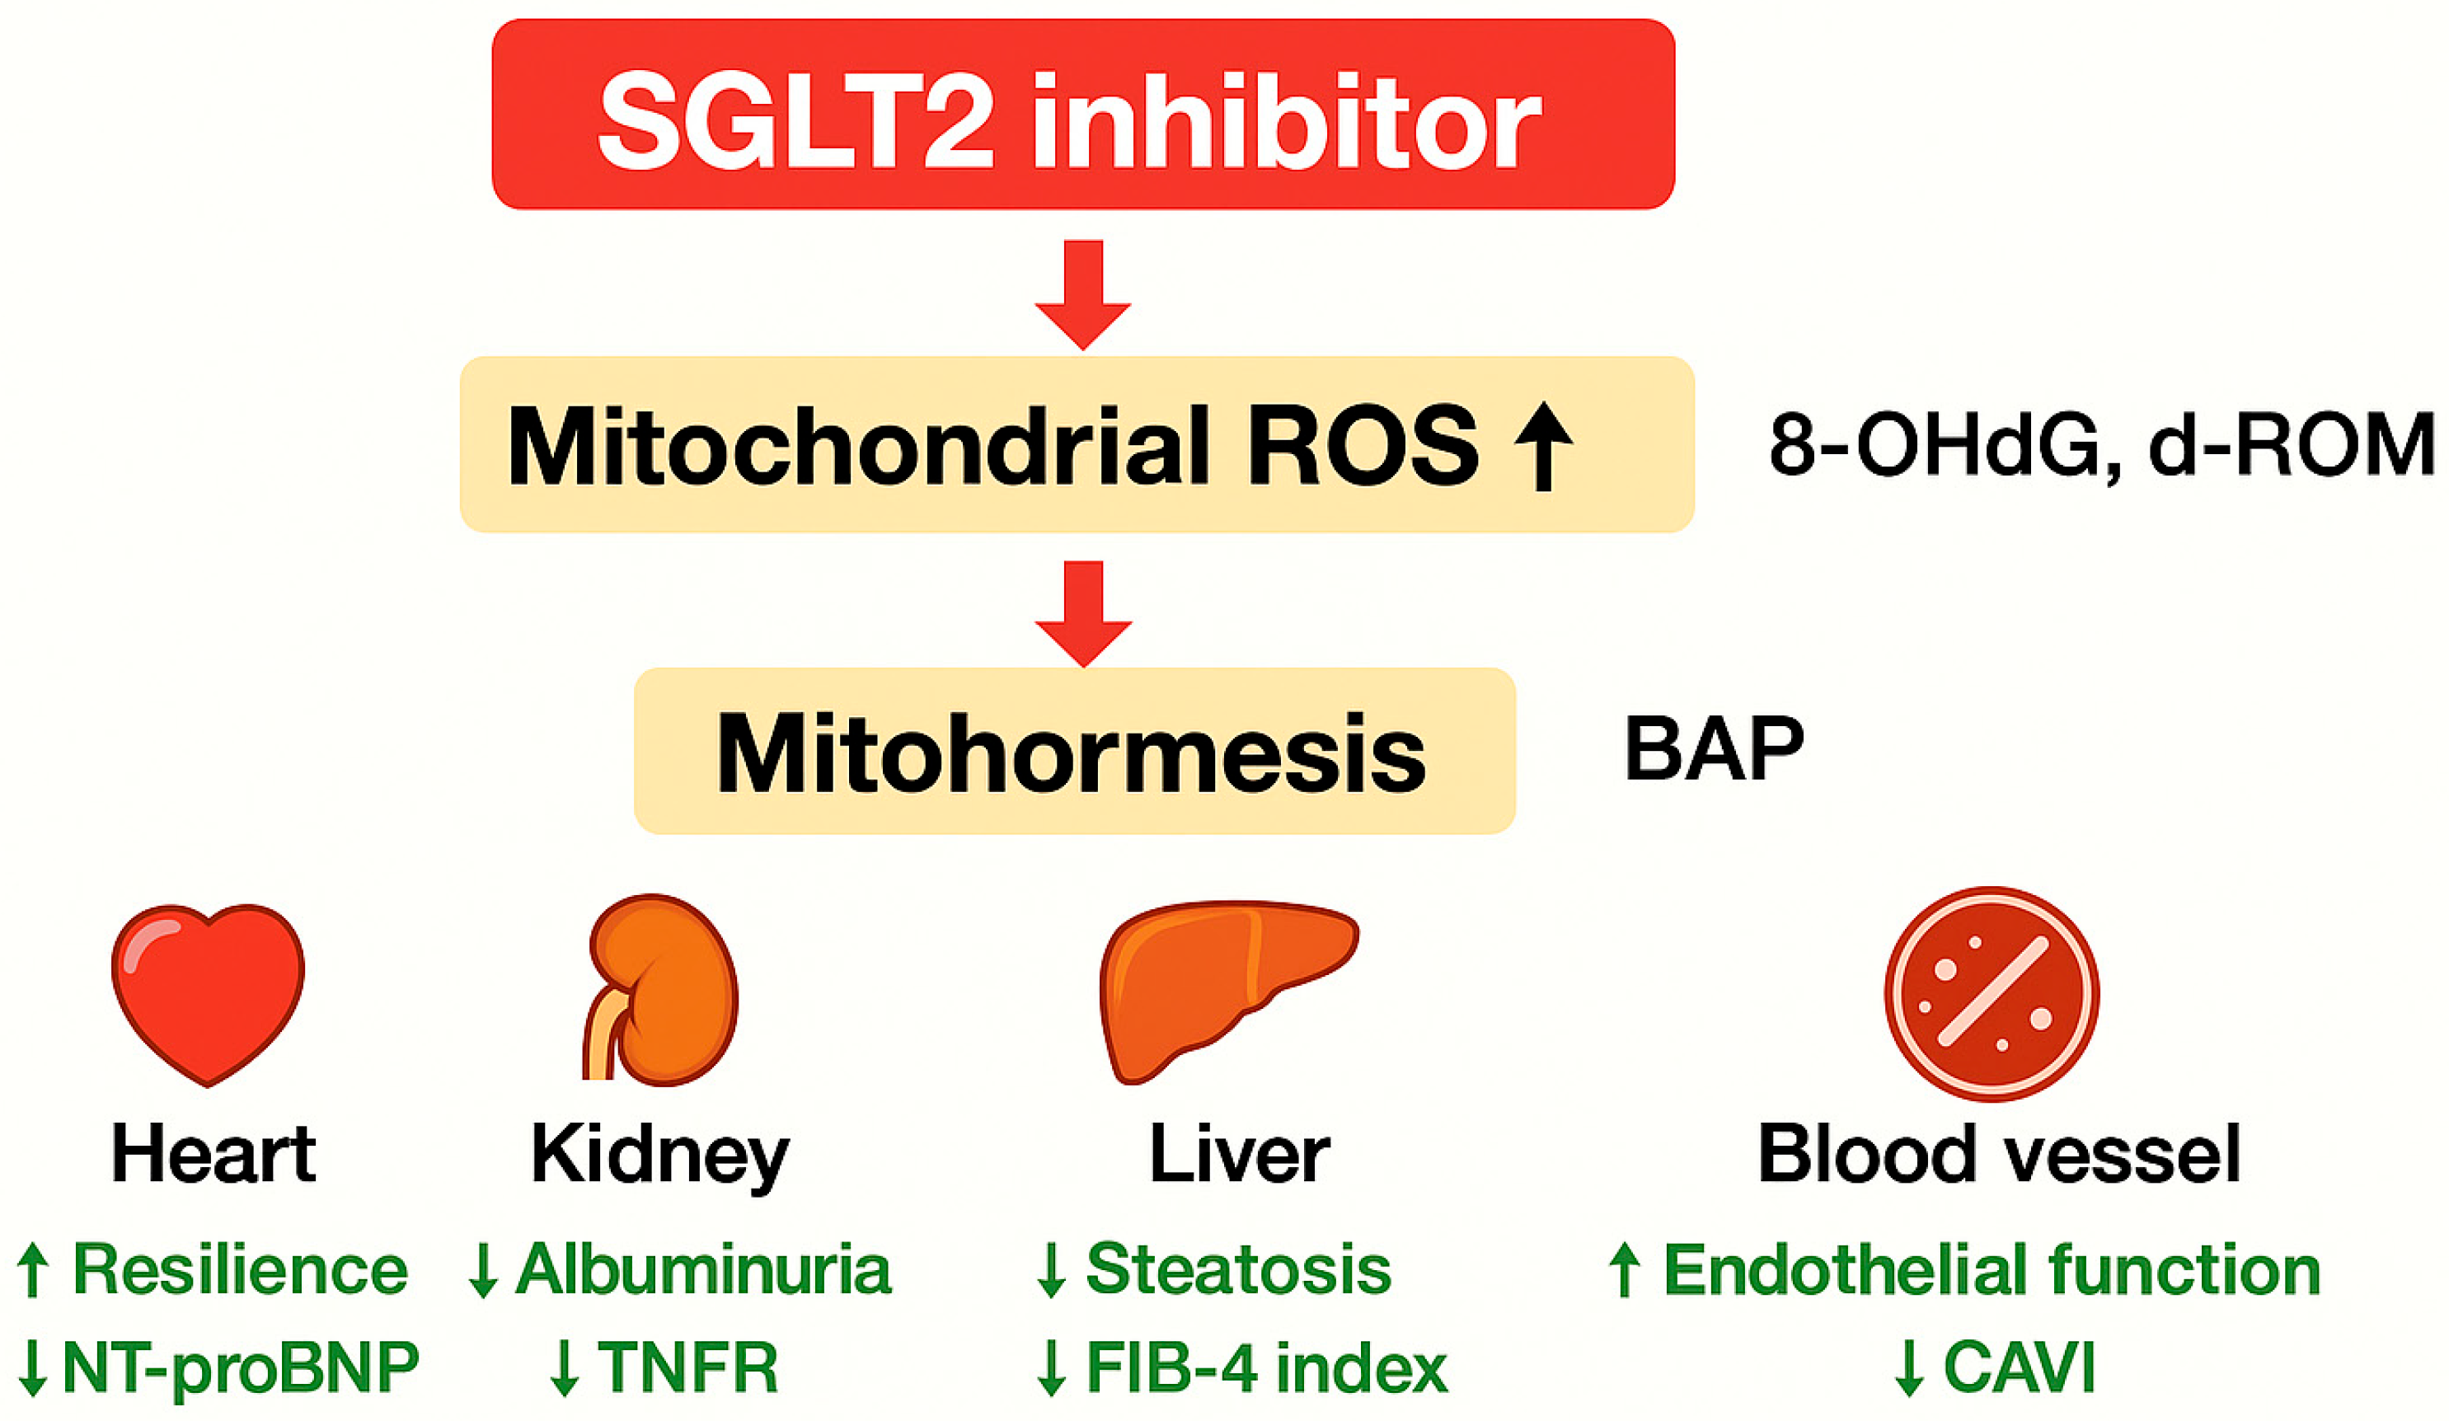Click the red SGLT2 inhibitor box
tap(1082, 114)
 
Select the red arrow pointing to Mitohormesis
tap(1082, 612)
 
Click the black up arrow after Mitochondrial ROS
tap(1542, 447)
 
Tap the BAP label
tap(1715, 748)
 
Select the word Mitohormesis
tap(1071, 753)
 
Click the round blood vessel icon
tap(1992, 993)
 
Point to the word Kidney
tap(660, 1155)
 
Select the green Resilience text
tap(240, 1269)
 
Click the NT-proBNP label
tap(240, 1367)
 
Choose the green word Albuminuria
tap(702, 1269)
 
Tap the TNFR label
tap(687, 1367)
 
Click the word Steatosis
tap(1238, 1269)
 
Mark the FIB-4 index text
tap(1265, 1367)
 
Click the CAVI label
tap(2018, 1367)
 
